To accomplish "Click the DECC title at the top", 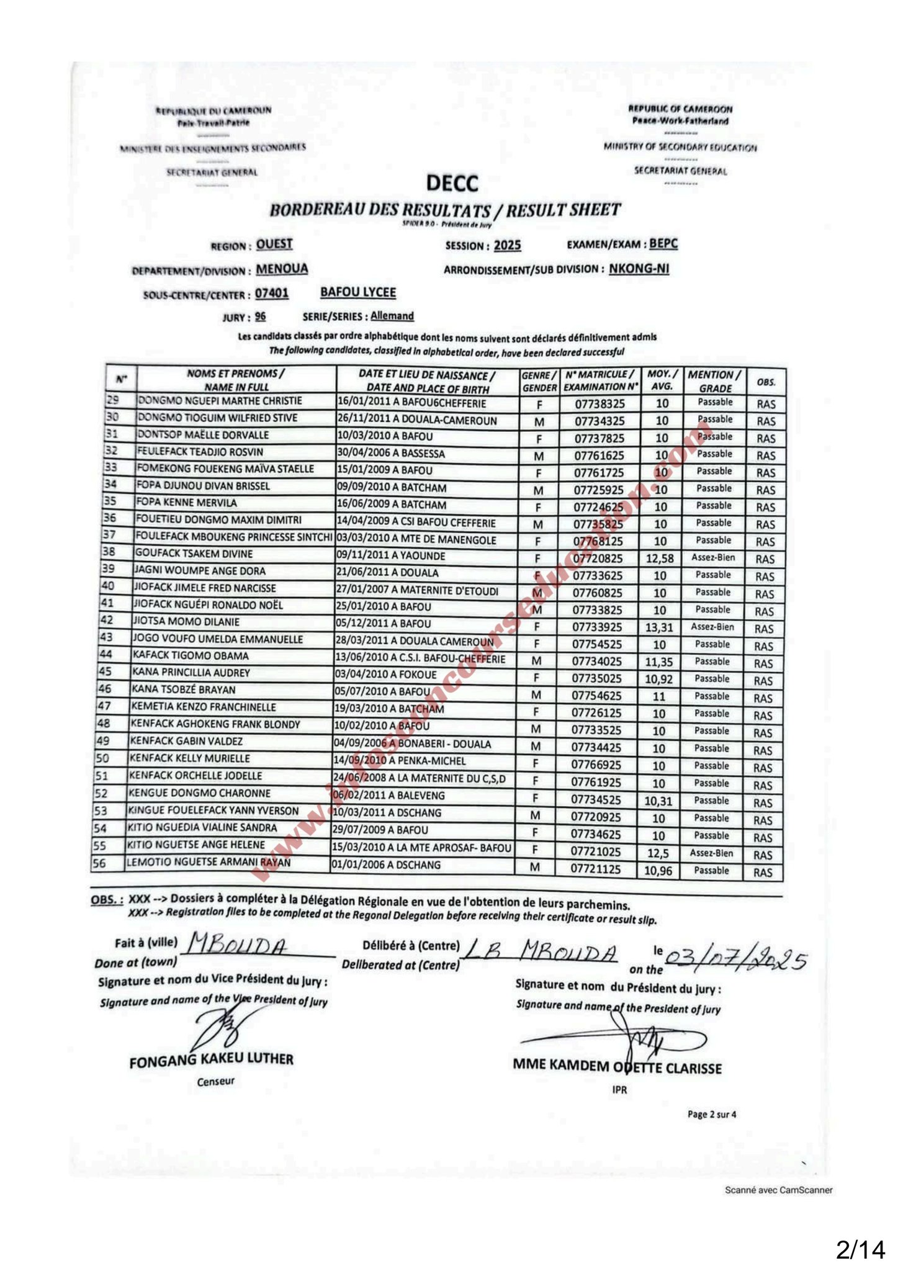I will point(452,183).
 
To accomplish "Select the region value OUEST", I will point(274,244).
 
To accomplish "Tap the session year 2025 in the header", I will point(507,245).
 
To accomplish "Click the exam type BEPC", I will point(663,243).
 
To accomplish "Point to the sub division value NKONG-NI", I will point(639,269).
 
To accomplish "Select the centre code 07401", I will point(272,293).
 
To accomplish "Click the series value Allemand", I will point(392,316).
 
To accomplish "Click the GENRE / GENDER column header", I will point(539,381).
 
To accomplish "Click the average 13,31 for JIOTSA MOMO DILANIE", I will point(659,627).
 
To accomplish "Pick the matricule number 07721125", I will point(596,869).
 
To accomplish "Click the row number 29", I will point(113,401).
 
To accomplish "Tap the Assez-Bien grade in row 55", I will point(711,853).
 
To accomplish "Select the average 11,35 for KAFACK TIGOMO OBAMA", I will point(659,662).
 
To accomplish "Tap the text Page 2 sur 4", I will point(712,1115).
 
